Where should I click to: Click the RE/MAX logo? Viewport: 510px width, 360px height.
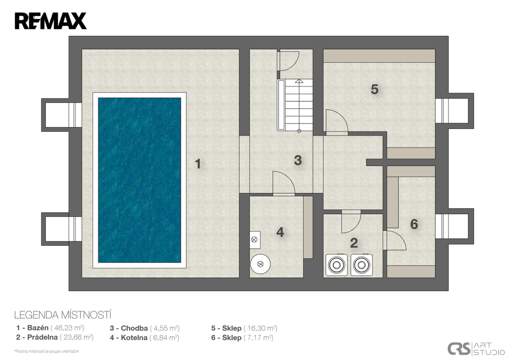[50, 21]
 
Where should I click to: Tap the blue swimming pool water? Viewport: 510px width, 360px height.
[139, 180]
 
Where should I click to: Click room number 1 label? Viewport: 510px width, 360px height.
[198, 164]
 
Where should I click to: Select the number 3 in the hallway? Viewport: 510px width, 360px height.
[298, 160]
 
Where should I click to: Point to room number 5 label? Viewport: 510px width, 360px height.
[375, 90]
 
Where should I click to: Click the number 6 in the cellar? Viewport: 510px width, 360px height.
[414, 224]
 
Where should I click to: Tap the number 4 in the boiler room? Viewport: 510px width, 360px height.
[280, 232]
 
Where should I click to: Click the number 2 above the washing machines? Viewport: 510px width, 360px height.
[354, 243]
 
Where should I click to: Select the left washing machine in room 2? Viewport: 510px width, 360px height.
[337, 265]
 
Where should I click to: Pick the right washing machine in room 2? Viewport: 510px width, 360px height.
[362, 265]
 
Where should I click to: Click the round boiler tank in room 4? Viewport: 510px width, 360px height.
[260, 264]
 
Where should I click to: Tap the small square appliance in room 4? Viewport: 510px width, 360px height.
[255, 240]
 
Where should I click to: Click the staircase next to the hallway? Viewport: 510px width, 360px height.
[295, 105]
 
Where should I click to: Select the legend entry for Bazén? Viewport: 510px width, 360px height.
[50, 328]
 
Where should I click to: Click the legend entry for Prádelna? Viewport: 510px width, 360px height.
[55, 338]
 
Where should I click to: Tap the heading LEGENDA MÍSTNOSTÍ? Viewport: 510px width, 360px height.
[63, 315]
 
